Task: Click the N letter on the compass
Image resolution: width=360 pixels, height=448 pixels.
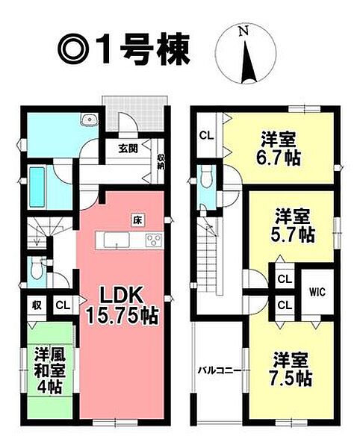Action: click(x=243, y=31)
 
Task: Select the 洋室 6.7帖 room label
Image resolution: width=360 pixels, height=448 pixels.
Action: click(x=278, y=149)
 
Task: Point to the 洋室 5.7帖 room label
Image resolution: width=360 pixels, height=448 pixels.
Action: click(x=292, y=225)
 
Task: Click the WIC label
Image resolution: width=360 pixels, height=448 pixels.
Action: click(x=317, y=292)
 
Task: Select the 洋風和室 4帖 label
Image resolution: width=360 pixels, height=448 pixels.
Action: click(x=50, y=370)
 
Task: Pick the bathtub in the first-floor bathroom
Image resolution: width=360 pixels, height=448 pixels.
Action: click(x=37, y=187)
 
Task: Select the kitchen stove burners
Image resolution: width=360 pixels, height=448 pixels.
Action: click(x=154, y=240)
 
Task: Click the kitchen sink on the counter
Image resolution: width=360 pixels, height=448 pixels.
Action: click(x=117, y=240)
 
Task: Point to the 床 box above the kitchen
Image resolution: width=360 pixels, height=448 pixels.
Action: click(x=137, y=220)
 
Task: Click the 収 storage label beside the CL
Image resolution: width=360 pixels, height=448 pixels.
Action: click(x=37, y=305)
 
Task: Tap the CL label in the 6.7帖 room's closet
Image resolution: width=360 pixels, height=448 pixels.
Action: click(x=206, y=135)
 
